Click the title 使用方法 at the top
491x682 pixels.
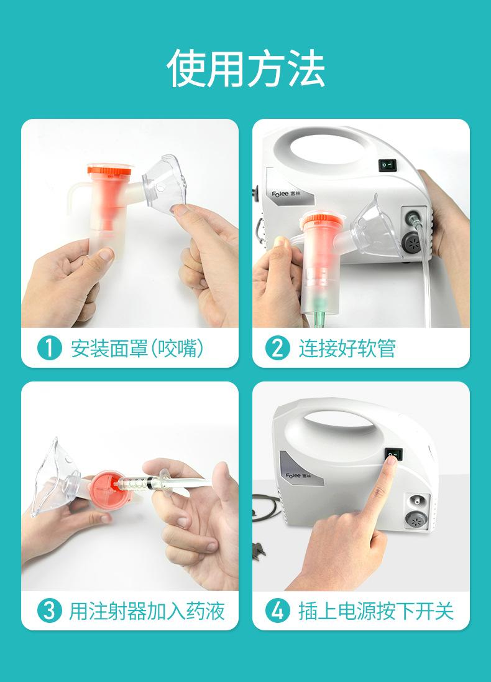245,68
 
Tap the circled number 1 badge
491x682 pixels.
49,348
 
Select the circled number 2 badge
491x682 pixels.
277,348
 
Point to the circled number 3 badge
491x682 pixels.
49,610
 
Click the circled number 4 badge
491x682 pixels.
277,610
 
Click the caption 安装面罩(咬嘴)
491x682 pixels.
137,348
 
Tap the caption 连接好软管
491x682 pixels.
347,348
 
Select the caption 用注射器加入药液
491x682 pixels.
147,610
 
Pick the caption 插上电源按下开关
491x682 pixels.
376,610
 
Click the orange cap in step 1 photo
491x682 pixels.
109,170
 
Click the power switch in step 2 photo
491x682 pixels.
388,165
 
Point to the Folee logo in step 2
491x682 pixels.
285,194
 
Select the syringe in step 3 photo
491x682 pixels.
165,482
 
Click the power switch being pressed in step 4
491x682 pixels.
393,455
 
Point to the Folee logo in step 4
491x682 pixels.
298,476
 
